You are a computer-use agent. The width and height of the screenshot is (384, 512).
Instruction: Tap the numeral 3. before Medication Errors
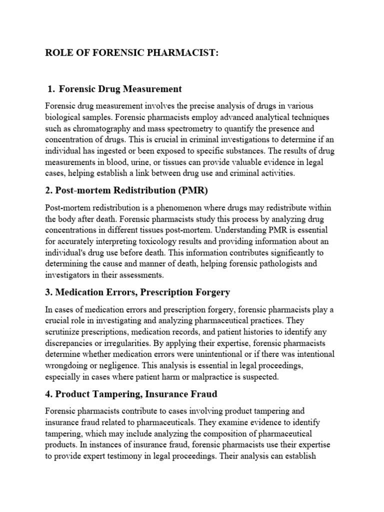(48, 292)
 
